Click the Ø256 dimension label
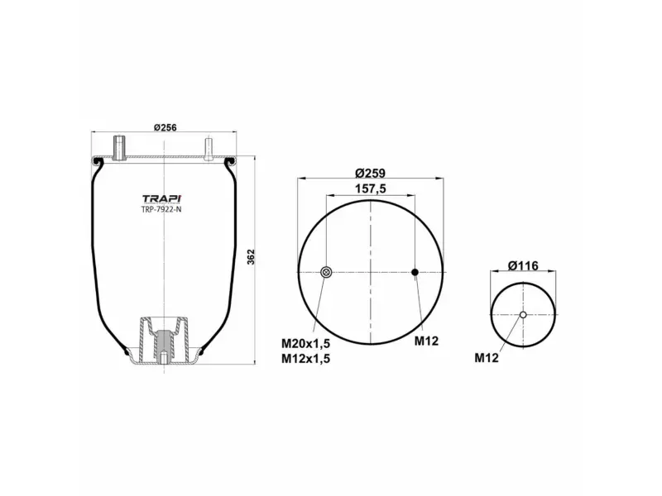tap(166, 128)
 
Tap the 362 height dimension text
tap(251, 257)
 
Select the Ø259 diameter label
tap(372, 173)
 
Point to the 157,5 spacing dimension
tap(372, 188)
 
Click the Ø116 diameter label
tap(523, 265)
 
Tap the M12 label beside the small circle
tap(487, 358)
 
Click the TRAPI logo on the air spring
tap(162, 198)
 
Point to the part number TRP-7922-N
tap(162, 210)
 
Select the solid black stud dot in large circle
tap(415, 272)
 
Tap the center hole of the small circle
tap(523, 314)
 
